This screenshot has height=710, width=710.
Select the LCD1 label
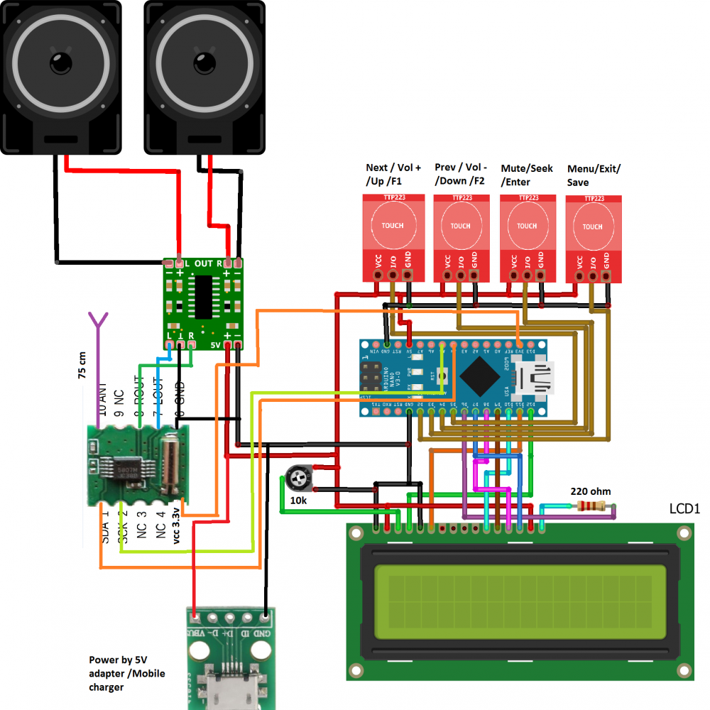[685, 509]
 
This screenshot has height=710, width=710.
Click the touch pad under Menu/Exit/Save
[592, 226]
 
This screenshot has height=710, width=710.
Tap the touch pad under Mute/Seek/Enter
[527, 226]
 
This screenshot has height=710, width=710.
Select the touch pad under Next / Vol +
[393, 225]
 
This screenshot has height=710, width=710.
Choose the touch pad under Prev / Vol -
[460, 226]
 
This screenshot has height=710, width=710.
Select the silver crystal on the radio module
[169, 466]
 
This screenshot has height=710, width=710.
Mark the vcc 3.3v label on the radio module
[176, 527]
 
